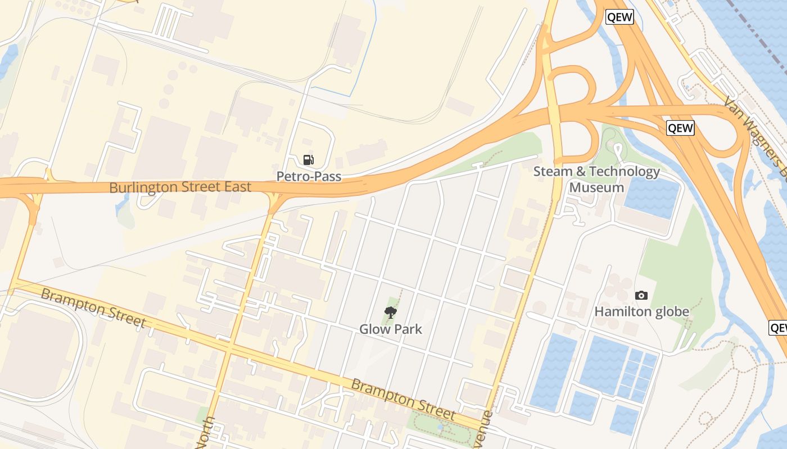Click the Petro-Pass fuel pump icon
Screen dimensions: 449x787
click(308, 160)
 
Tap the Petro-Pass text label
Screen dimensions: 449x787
click(309, 176)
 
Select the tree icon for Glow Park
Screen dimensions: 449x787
click(390, 313)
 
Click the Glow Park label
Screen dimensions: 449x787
click(391, 329)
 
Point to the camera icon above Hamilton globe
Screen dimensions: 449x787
click(641, 295)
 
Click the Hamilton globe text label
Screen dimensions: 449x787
click(641, 311)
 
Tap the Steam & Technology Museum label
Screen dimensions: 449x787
click(596, 179)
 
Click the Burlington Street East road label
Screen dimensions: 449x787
click(180, 187)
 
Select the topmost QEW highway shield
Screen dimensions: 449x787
click(620, 17)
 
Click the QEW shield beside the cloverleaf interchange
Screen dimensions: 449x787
click(680, 128)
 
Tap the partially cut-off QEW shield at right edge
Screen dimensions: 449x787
click(778, 328)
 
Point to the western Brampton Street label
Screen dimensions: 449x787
click(93, 308)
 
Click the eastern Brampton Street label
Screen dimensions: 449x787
click(402, 400)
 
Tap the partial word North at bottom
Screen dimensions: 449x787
click(206, 433)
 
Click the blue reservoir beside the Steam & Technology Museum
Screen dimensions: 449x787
click(652, 198)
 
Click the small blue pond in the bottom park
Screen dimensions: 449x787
click(440, 428)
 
